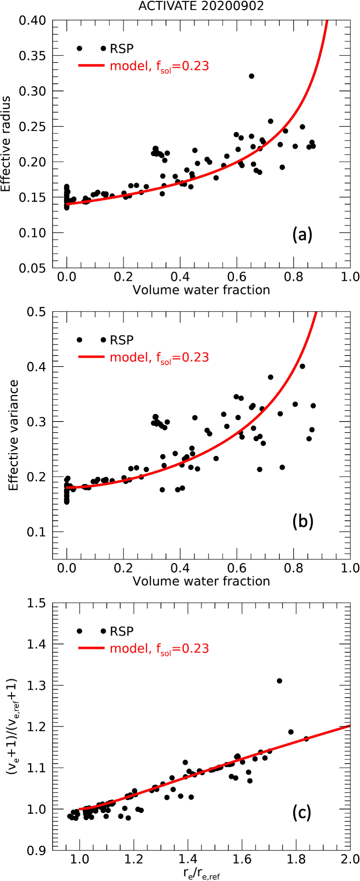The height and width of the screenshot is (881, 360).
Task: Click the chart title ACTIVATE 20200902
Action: tap(201, 6)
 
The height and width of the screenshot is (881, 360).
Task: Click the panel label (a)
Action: tap(302, 234)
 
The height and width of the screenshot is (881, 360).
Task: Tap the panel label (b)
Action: tap(303, 522)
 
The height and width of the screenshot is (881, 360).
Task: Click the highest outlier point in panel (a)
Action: tap(252, 76)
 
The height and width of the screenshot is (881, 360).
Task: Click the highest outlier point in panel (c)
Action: tap(279, 681)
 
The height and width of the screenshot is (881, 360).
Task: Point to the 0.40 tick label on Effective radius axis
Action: tap(32, 20)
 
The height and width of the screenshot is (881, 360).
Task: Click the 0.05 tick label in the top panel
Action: tap(32, 268)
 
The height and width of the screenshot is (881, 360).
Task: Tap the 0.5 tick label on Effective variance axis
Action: tap(36, 312)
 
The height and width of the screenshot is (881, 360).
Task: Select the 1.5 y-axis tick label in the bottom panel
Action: tap(36, 603)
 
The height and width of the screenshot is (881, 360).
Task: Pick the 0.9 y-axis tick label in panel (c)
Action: tap(36, 851)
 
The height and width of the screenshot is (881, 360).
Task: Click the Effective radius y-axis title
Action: tap(6, 144)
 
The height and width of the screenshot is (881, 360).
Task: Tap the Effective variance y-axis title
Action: tap(13, 435)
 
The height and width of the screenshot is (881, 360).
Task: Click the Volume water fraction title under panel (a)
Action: tap(201, 290)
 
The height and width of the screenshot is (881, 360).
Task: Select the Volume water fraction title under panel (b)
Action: tap(201, 581)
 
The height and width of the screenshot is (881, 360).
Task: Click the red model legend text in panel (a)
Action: tap(159, 66)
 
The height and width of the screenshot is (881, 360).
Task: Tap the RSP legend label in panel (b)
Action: tap(121, 340)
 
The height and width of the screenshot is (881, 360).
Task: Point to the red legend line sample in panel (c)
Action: tap(91, 648)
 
